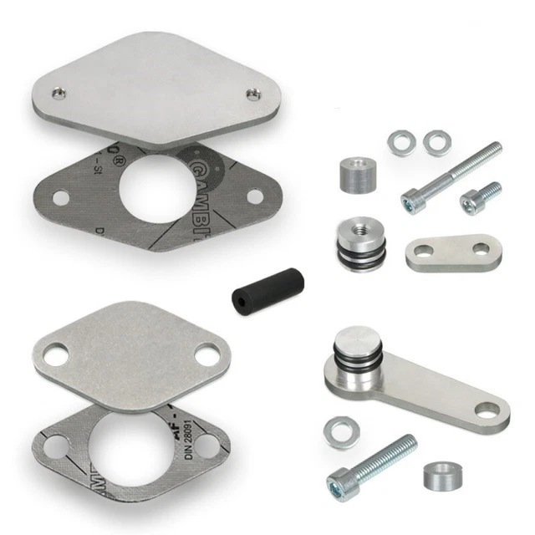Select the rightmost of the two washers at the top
pos(435,142)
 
